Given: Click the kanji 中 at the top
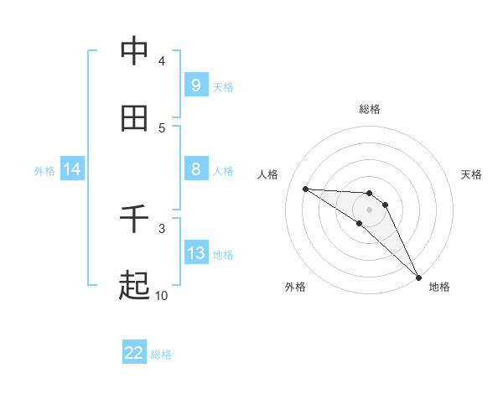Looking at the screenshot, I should click(134, 52).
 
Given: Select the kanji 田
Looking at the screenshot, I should click(134, 119).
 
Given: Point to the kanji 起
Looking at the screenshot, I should click(134, 286).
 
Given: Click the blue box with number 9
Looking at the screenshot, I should click(195, 86).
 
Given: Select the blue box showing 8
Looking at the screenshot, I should click(195, 169).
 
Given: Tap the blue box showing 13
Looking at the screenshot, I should click(195, 253).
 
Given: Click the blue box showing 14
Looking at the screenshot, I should click(72, 169).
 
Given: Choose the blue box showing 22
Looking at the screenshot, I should click(134, 353).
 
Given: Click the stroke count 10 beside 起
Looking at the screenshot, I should click(161, 295).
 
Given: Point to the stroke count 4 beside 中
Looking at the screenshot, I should click(161, 60).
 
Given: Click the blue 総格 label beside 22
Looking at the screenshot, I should click(161, 355).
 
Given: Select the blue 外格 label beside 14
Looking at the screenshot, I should click(44, 171).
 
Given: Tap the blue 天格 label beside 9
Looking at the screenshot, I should click(222, 87).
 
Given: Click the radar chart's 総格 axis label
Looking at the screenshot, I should click(370, 109).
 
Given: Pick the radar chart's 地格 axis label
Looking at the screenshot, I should click(439, 288).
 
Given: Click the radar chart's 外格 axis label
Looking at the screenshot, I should click(295, 288).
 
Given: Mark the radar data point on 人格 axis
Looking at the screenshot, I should click(305, 189).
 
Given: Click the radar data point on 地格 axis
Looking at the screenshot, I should click(418, 277).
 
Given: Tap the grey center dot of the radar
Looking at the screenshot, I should click(369, 209).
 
